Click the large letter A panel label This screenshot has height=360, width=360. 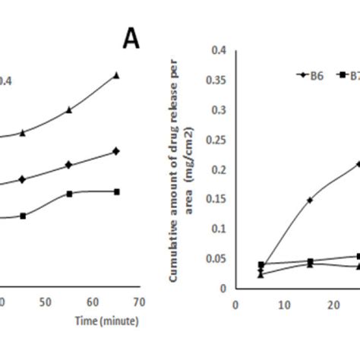131,39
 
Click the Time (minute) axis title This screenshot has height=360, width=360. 106,321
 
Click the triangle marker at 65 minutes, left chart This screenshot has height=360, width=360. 116,74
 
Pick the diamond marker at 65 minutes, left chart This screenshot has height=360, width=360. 115,151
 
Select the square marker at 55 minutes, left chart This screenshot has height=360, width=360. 69,194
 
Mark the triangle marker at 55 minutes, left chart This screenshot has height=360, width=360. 69,110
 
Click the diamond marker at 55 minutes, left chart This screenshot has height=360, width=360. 69,165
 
